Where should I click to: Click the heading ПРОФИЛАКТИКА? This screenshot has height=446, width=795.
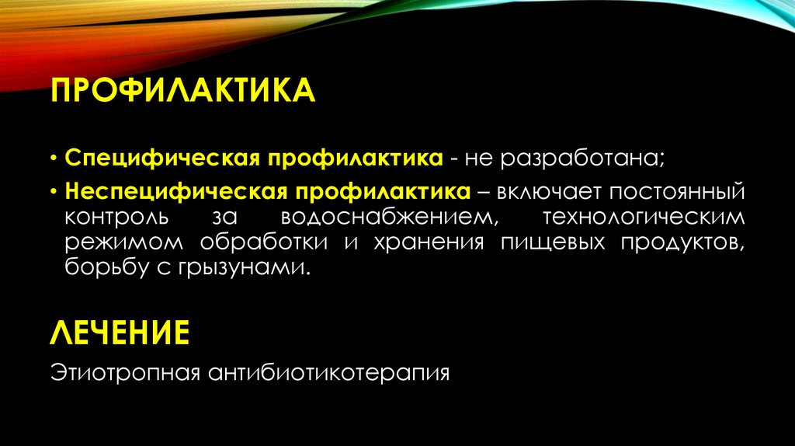182,91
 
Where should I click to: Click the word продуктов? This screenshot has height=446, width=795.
681,243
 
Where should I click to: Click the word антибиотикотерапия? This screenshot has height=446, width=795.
328,372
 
